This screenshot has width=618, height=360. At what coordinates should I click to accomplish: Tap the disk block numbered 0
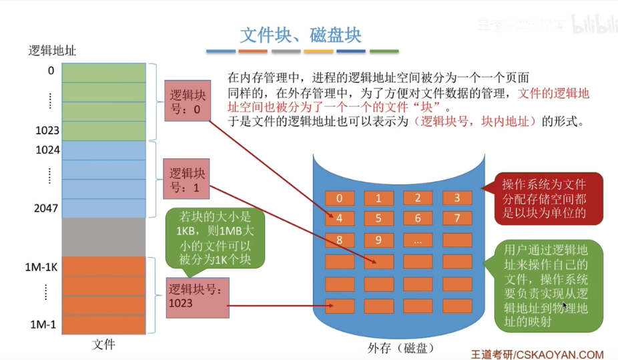click(x=340, y=198)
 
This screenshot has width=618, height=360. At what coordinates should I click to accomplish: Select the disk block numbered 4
click(x=340, y=218)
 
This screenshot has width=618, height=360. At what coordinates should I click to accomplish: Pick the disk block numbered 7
click(x=456, y=218)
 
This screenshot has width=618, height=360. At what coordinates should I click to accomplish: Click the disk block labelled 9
click(x=378, y=240)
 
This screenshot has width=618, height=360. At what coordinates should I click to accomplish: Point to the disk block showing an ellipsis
click(x=418, y=240)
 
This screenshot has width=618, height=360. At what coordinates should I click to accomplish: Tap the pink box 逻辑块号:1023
click(x=198, y=297)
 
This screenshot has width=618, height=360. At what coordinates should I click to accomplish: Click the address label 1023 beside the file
click(x=47, y=131)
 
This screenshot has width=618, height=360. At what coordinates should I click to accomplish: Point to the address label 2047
click(x=47, y=208)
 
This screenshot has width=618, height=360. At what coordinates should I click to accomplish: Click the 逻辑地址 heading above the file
click(x=57, y=50)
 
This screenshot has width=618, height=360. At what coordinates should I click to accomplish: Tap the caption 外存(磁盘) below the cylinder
click(x=401, y=348)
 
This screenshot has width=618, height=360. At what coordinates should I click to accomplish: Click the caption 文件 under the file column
click(x=103, y=345)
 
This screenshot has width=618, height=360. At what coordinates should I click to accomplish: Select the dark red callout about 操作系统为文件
click(x=543, y=198)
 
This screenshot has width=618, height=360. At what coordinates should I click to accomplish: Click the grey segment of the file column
click(x=103, y=237)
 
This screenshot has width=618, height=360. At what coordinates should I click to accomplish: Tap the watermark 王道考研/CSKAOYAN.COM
click(x=537, y=355)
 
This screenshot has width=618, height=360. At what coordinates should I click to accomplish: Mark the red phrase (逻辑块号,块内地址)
click(x=476, y=122)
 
